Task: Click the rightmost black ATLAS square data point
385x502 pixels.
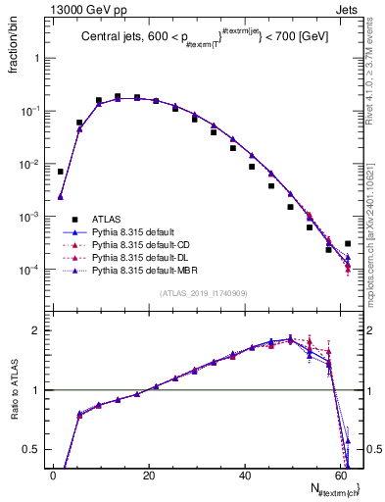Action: coord(348,243)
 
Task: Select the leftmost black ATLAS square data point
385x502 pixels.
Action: coord(61,172)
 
